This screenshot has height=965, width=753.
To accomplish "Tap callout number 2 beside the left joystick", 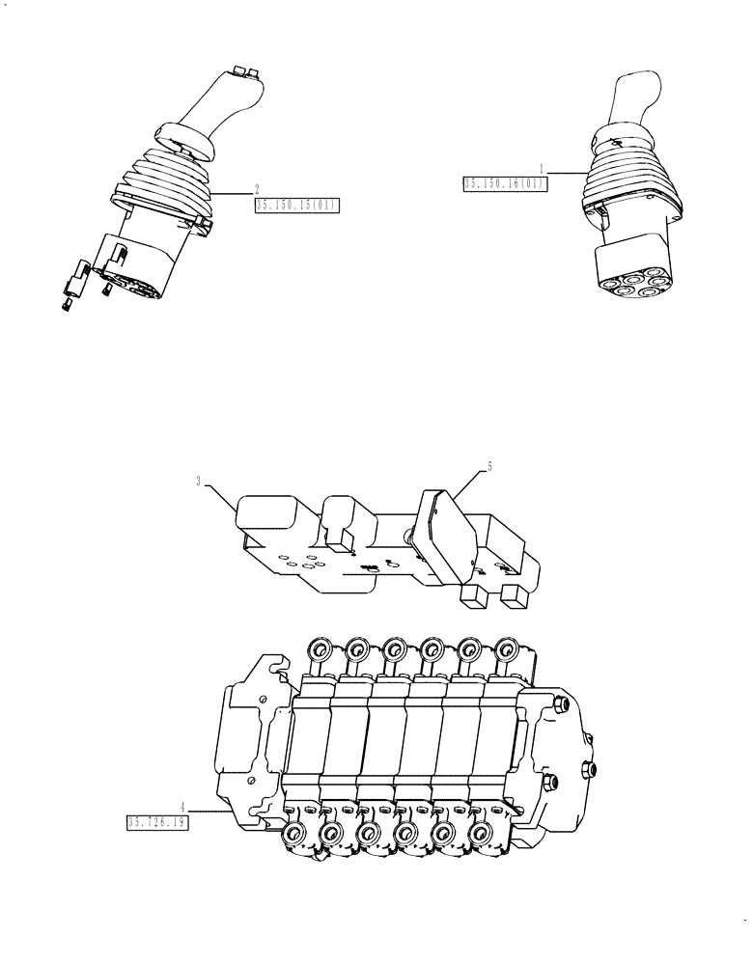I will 256,188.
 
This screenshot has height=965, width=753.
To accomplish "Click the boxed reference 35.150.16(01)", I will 505,184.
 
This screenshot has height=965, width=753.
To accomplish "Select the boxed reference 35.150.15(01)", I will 297,205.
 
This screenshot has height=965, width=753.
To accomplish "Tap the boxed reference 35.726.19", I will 156,822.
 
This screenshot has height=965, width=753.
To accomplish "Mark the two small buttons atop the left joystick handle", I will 242,70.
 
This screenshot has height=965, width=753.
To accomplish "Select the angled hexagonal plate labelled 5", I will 444,536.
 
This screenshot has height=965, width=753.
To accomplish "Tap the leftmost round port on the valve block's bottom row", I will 292,835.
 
